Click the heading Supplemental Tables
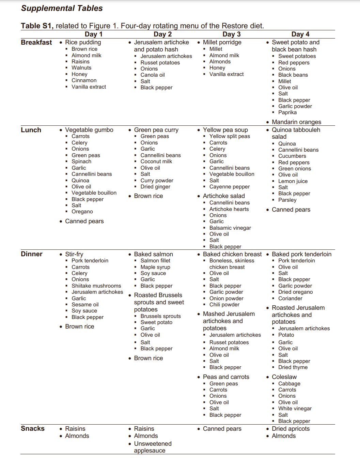point(62,8)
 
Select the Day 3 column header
point(231,34)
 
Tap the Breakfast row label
point(36,42)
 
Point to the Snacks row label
point(32,428)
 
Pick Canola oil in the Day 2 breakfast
point(152,75)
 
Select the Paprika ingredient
point(287,112)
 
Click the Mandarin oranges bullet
point(296,122)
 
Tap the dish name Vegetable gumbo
point(89,130)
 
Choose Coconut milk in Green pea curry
point(156,162)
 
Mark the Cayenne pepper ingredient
point(229,187)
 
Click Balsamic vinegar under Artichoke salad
point(230,228)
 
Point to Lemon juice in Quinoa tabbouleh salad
point(293,181)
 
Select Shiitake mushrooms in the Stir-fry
point(96,286)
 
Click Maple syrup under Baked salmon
point(155,267)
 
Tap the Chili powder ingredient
point(224,305)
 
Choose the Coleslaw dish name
point(284,377)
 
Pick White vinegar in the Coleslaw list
point(295,409)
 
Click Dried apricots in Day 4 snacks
point(291,429)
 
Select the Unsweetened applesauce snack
point(153,447)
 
